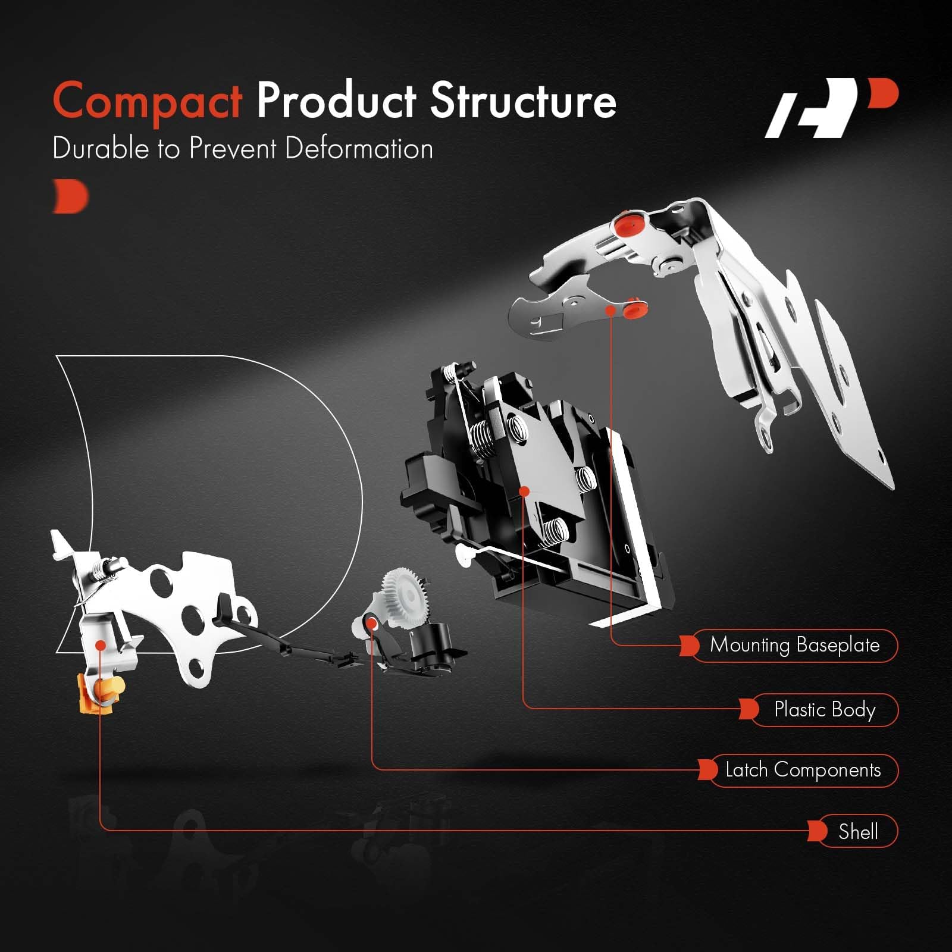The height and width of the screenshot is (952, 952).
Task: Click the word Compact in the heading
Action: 148,101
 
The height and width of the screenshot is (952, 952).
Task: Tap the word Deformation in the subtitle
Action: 359,148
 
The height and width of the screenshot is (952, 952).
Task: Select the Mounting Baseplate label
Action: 795,645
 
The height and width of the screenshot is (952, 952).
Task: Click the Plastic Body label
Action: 825,709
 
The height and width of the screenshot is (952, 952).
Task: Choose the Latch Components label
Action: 803,770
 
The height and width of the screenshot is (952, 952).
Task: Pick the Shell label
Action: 858,831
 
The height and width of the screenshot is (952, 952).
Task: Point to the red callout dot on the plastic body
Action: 524,491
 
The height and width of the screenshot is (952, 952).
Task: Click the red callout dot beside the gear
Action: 372,623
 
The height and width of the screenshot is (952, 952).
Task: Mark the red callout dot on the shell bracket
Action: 101,645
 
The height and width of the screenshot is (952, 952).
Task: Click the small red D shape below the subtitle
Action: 71,196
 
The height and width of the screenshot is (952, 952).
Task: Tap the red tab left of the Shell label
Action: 818,831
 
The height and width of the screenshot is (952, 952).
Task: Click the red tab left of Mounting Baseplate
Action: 690,645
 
